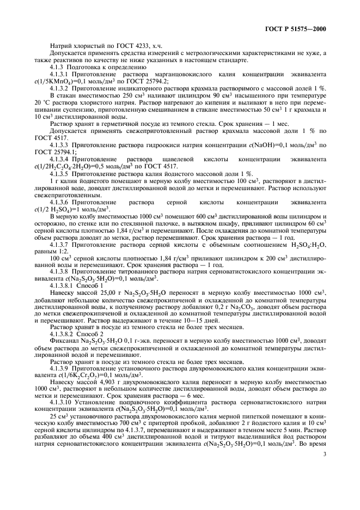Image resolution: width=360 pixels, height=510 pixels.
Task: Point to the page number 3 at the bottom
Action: (x=323, y=482)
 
